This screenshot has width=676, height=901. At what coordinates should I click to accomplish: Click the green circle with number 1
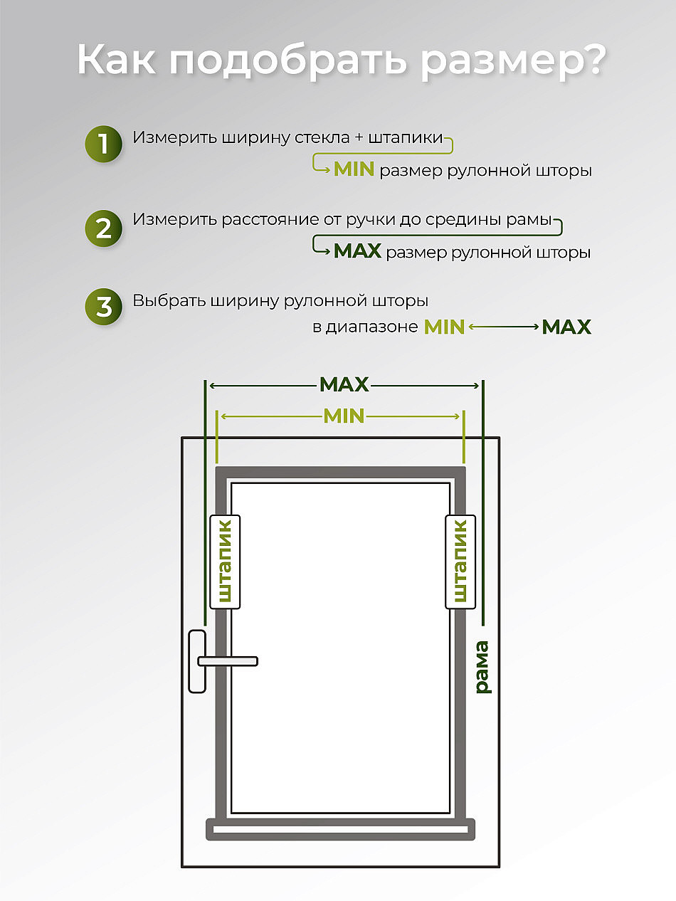[103, 144]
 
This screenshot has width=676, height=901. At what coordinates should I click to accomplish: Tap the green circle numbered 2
[103, 228]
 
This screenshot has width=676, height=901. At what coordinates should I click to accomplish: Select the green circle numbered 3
[103, 307]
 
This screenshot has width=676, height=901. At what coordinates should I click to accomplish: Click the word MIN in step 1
[354, 169]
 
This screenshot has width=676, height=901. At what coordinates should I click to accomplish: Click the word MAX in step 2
[357, 251]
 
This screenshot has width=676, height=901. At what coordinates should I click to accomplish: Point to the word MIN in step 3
[444, 327]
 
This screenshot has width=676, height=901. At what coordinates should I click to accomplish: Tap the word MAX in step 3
[566, 327]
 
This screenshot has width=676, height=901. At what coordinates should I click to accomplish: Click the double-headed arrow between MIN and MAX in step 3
[504, 327]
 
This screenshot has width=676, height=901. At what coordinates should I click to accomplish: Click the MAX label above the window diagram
[344, 385]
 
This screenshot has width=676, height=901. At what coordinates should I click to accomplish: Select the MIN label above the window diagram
[344, 416]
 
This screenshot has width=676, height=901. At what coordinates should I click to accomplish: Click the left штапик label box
[225, 562]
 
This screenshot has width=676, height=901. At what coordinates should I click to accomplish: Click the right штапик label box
[460, 562]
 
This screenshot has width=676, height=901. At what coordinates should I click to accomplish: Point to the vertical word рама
[482, 667]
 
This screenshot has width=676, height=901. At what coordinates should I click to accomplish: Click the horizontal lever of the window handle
[228, 661]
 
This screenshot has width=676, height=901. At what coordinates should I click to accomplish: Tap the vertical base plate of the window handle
[197, 661]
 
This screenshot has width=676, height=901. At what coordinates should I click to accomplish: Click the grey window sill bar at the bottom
[340, 829]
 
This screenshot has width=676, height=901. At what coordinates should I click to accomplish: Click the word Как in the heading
[117, 60]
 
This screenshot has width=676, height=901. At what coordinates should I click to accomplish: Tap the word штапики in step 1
[406, 138]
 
